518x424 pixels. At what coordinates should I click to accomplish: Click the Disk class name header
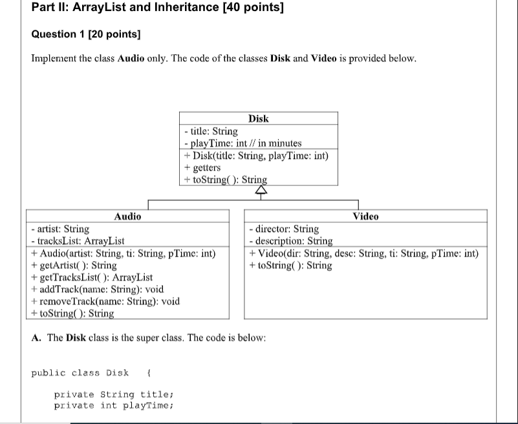[x=258, y=118]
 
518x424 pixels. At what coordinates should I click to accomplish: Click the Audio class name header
[x=127, y=217]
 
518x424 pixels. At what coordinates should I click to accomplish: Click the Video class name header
[x=365, y=217]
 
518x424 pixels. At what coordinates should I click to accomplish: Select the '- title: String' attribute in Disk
[x=211, y=131]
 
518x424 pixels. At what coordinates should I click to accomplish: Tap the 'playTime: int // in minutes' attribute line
[x=243, y=143]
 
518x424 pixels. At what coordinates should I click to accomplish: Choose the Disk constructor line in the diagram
[x=257, y=156]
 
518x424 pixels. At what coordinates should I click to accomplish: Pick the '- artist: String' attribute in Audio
[x=60, y=229]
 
